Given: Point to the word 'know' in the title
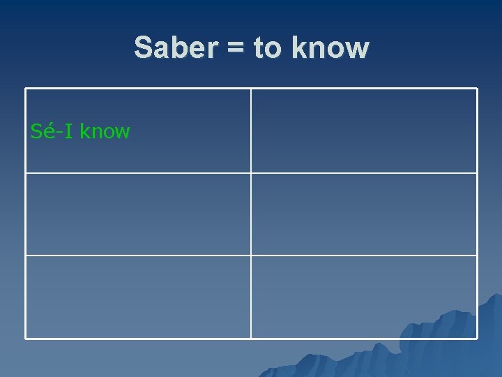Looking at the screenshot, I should (330, 48).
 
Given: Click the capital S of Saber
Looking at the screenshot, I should (143, 48).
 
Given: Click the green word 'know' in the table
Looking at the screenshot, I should (105, 131).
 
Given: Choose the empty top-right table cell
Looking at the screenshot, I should (364, 131).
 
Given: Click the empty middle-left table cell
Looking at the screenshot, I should (138, 214).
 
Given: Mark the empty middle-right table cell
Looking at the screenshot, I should (364, 214).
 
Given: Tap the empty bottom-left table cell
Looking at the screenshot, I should (138, 297).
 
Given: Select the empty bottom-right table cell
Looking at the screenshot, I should (364, 297).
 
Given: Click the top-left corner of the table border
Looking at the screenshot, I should (26, 89).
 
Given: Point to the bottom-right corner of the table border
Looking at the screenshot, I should (477, 339).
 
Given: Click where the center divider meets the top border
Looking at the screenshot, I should (251, 89).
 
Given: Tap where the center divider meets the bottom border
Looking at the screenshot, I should (251, 339).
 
